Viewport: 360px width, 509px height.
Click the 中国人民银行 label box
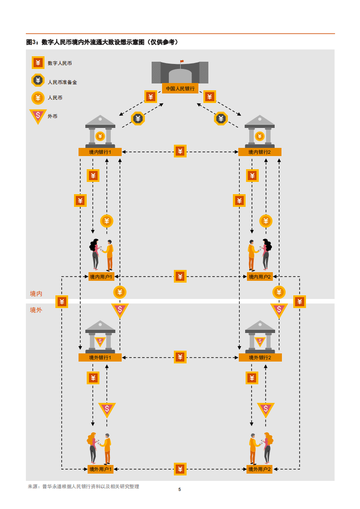pos(180,88)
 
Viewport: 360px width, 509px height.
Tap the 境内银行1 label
pos(100,152)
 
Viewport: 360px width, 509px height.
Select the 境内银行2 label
pos(260,152)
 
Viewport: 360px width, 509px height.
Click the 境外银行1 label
pos(100,357)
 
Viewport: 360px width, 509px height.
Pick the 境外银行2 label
pos(260,357)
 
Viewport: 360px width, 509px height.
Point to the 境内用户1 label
pos(101,276)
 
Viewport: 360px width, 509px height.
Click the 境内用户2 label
pos(260,276)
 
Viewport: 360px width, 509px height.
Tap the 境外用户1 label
pos(100,469)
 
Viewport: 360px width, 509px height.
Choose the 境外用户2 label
pos(260,469)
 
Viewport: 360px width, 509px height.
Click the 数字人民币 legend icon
pos(38,63)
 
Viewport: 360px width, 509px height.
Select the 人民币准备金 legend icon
pos(38,81)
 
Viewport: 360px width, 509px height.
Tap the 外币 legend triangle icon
pos(38,116)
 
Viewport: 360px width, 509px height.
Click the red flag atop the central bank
pos(182,61)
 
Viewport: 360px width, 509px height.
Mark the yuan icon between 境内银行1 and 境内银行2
pos(180,151)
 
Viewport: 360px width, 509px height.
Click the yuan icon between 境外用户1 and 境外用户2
pos(180,469)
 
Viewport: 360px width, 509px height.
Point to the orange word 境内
pos(36,294)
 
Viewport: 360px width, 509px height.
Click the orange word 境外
pos(36,310)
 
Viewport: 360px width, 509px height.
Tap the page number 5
pos(180,489)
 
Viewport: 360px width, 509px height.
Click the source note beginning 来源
pos(84,486)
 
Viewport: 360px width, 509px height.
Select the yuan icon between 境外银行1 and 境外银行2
pos(180,357)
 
